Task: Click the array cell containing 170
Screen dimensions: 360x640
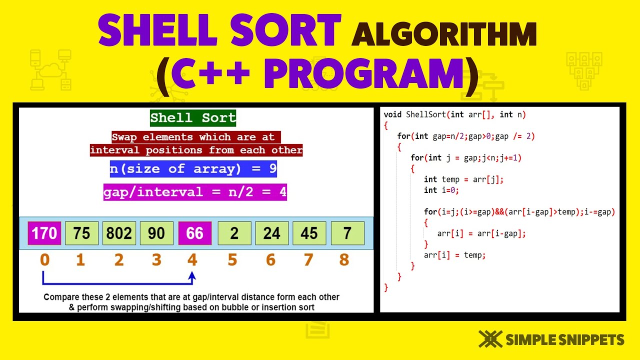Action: (x=44, y=233)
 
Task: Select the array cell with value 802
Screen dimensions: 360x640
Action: (x=119, y=233)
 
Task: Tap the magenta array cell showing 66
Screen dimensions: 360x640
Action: (x=194, y=233)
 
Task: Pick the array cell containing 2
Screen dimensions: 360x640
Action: (x=234, y=233)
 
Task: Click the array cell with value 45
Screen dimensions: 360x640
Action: (x=309, y=233)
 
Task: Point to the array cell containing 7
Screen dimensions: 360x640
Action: (x=347, y=233)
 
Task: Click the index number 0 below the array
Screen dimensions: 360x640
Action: (x=44, y=260)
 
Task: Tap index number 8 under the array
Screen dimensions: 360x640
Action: (x=344, y=260)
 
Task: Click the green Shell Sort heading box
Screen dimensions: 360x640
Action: (x=193, y=118)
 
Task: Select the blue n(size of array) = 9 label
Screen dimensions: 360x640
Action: (x=193, y=168)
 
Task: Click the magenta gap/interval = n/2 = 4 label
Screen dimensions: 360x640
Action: (x=195, y=192)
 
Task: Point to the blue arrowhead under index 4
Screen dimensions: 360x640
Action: (x=192, y=275)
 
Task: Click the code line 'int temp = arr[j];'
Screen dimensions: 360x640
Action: (x=463, y=179)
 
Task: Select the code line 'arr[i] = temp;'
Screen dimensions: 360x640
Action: (x=454, y=255)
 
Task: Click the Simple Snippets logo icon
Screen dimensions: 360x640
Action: (x=490, y=339)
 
